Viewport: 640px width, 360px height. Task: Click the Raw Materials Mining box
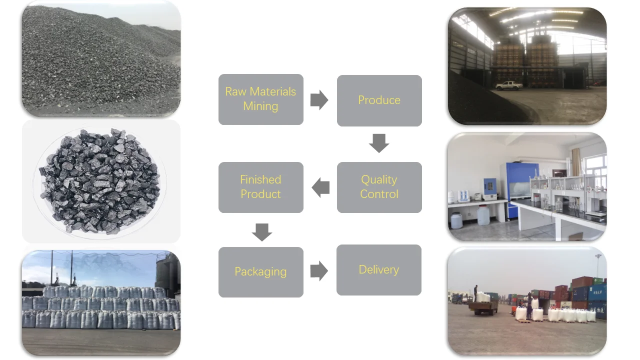tap(260, 99)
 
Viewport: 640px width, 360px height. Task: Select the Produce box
tap(379, 100)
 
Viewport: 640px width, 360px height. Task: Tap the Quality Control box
tap(379, 187)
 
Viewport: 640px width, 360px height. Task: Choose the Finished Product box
tap(260, 187)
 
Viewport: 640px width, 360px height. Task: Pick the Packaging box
tap(260, 271)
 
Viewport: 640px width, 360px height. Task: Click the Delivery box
tap(378, 269)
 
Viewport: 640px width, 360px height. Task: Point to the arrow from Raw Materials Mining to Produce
tap(319, 100)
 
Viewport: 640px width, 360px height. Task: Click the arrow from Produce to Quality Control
tap(379, 143)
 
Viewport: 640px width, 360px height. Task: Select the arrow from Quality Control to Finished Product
tap(320, 187)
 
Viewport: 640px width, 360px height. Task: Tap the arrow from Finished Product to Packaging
tap(261, 232)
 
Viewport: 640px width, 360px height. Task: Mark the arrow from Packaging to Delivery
tap(319, 271)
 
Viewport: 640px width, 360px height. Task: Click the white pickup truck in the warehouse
tap(508, 85)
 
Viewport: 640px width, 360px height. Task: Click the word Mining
tap(260, 106)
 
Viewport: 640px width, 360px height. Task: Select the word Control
tap(379, 194)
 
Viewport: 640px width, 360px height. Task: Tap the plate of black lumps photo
tap(100, 181)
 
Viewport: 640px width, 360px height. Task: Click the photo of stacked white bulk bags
tap(100, 303)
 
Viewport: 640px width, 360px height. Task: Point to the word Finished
tap(260, 179)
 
